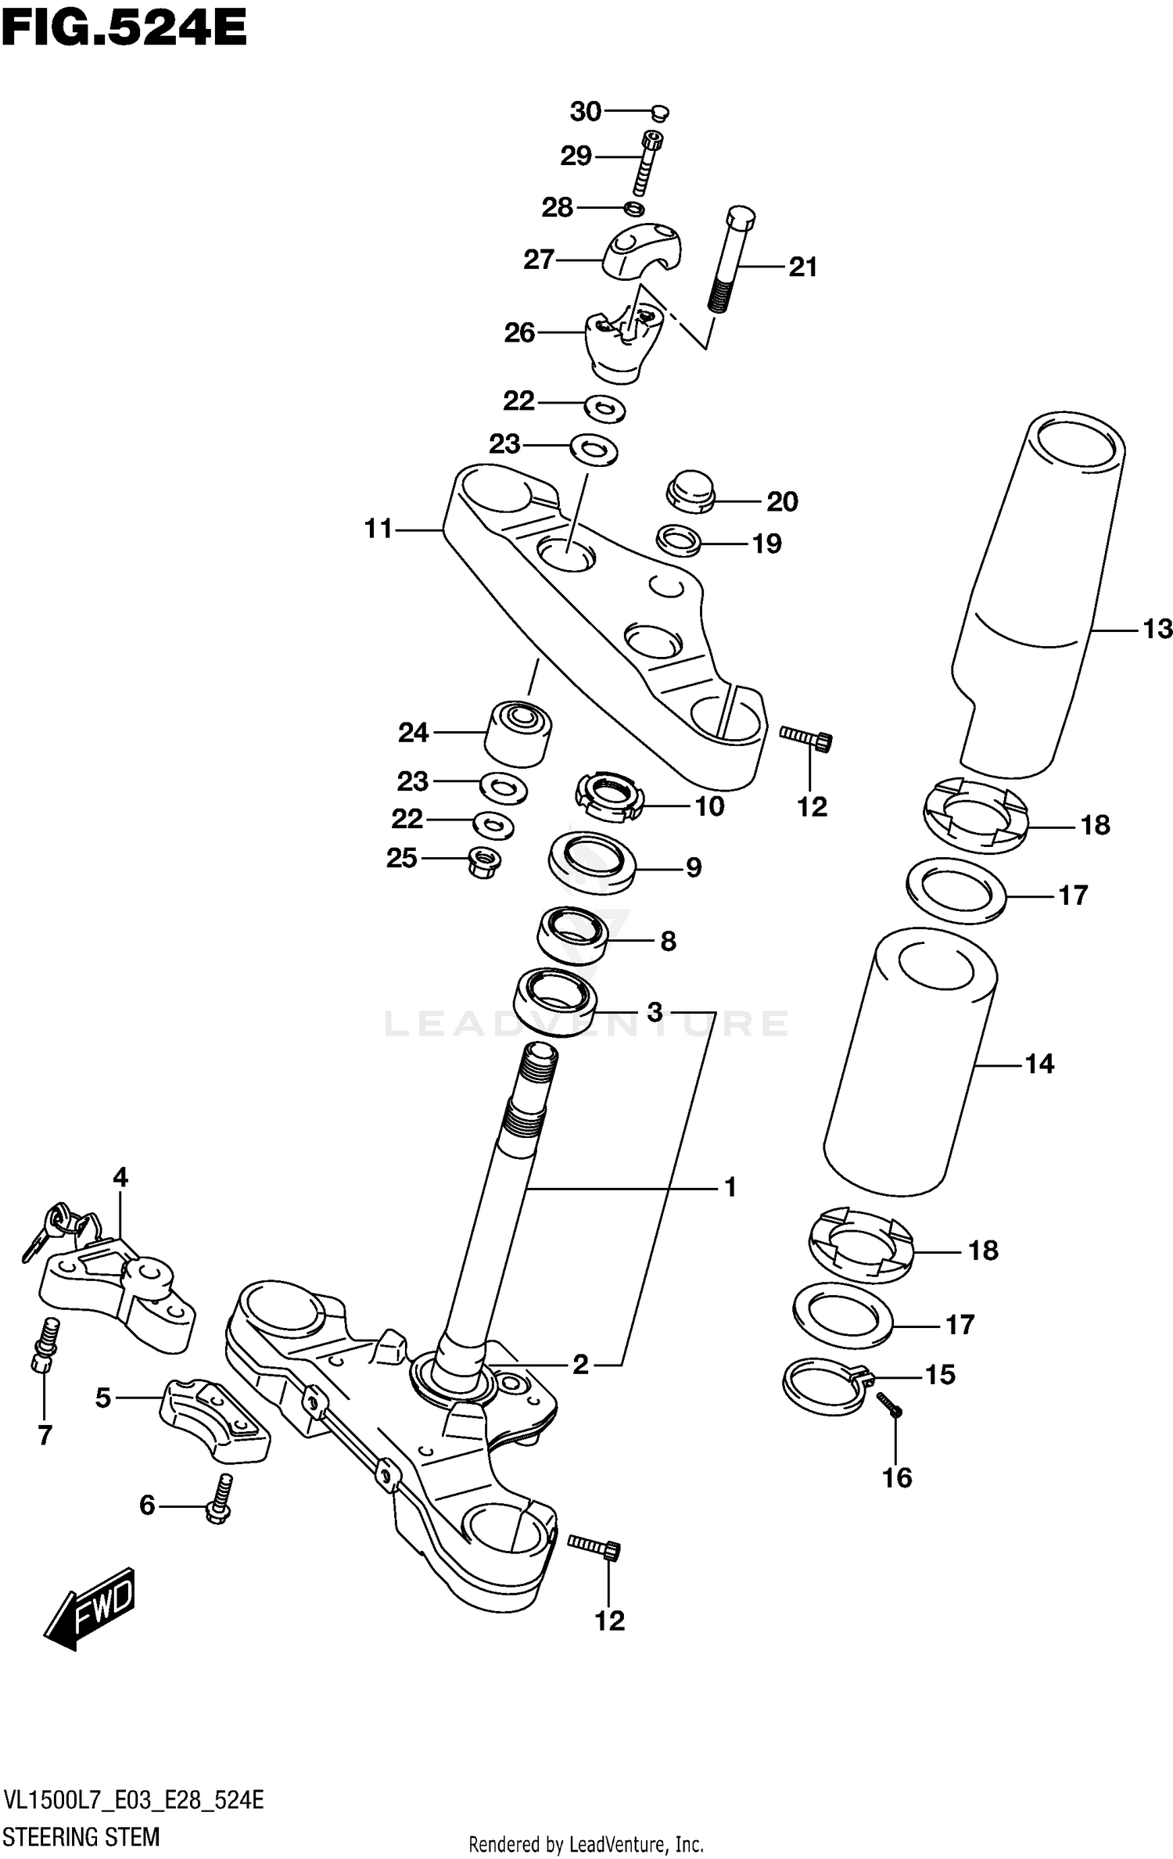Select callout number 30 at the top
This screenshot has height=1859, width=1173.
[x=585, y=112]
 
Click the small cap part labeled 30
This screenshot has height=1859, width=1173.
[x=659, y=113]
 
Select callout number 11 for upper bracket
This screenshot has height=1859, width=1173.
[x=378, y=529]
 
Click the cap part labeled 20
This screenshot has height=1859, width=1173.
[x=691, y=490]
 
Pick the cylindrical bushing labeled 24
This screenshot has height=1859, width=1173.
[x=517, y=734]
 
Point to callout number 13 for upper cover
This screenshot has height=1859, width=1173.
[x=1157, y=629]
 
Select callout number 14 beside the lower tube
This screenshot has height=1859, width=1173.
[x=1039, y=1064]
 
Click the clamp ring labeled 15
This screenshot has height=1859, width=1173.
[x=825, y=1385]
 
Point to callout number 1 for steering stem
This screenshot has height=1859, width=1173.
[x=730, y=1188]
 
